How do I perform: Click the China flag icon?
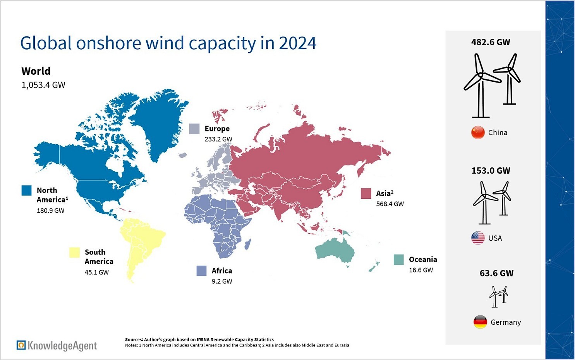tap(478, 133)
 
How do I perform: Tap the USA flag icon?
tap(478, 238)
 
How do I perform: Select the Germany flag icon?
tap(480, 322)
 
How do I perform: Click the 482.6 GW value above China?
tap(491, 42)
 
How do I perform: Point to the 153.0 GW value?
tap(491, 171)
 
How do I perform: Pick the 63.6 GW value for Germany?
tap(496, 273)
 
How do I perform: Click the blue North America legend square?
tap(26, 190)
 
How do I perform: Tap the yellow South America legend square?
tap(74, 252)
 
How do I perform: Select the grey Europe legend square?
tap(194, 129)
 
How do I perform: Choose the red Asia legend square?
tap(366, 193)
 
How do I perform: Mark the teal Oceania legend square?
tap(399, 260)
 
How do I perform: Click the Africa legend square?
tap(201, 271)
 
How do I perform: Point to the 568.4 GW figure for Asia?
tap(390, 204)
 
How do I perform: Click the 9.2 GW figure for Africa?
tap(222, 281)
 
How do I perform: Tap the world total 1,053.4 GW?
tap(43, 85)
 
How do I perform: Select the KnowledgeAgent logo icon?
tap(21, 345)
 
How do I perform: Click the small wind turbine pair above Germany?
tap(498, 296)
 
